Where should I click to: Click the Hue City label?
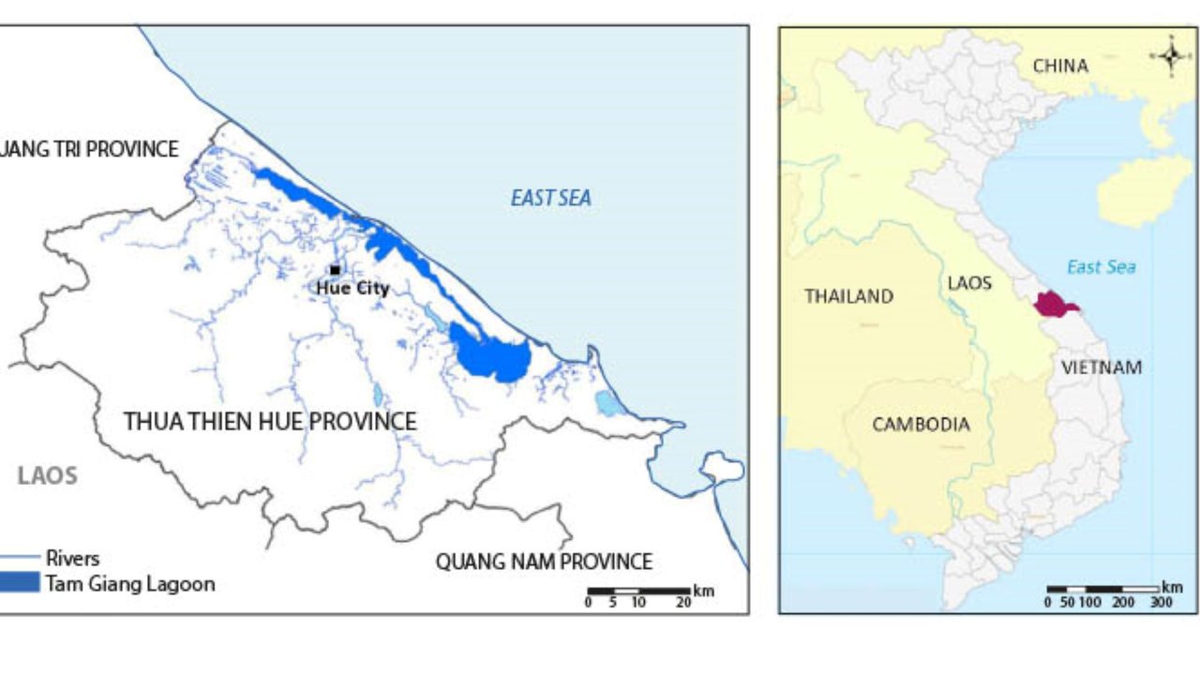coord(352,289)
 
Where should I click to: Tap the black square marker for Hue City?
coord(335,270)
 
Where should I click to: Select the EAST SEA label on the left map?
coord(550,199)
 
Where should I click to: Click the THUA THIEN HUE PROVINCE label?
coord(270,422)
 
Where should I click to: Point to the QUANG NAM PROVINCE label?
coord(544,562)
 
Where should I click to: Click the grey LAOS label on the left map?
coord(47,475)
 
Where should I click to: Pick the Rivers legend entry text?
coord(72,559)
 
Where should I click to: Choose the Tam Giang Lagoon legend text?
coord(130,584)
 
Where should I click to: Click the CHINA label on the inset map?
coord(1060,67)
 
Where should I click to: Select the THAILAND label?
coord(848,296)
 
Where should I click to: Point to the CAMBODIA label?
coord(921,425)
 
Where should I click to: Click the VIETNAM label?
coord(1102,367)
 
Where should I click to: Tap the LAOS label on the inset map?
coord(968,283)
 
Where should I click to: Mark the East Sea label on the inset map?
coord(1101,267)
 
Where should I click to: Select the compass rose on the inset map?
coord(1171,55)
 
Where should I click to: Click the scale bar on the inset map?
coord(1102,590)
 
